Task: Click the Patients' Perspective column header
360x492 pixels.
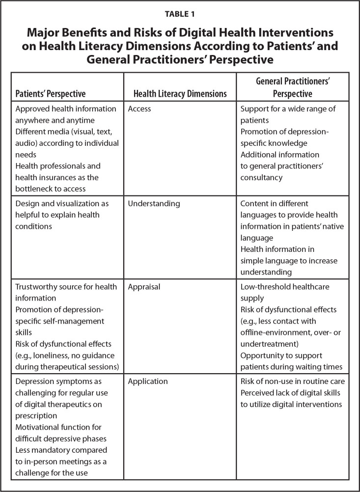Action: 51,93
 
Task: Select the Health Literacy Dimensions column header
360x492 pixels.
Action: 180,93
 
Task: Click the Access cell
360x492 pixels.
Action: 139,109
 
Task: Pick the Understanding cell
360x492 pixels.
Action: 154,203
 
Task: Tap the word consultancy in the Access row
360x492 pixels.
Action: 262,177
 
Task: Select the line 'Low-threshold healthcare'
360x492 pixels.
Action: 285,286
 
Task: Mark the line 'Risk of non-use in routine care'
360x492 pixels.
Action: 293,381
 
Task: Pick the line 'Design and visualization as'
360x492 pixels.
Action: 62,203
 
